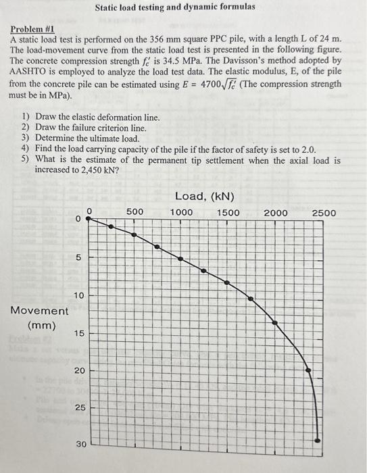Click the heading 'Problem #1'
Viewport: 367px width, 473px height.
coord(32,30)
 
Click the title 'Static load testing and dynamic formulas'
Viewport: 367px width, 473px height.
coord(175,7)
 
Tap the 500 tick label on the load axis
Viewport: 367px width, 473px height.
coord(134,212)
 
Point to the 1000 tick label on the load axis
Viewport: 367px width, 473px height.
coord(181,212)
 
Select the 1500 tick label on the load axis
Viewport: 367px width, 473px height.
coord(228,212)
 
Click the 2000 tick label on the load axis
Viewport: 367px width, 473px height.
coord(276,212)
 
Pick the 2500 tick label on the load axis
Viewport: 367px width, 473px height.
coord(324,212)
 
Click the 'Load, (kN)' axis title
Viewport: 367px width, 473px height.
coord(205,197)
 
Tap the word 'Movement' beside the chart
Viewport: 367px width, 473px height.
coord(39,311)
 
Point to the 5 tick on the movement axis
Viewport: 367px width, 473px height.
coord(78,257)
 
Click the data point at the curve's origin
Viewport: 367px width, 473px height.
coord(87,220)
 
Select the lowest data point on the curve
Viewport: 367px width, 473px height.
coord(318,440)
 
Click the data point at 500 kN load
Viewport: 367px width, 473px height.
coord(134,235)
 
